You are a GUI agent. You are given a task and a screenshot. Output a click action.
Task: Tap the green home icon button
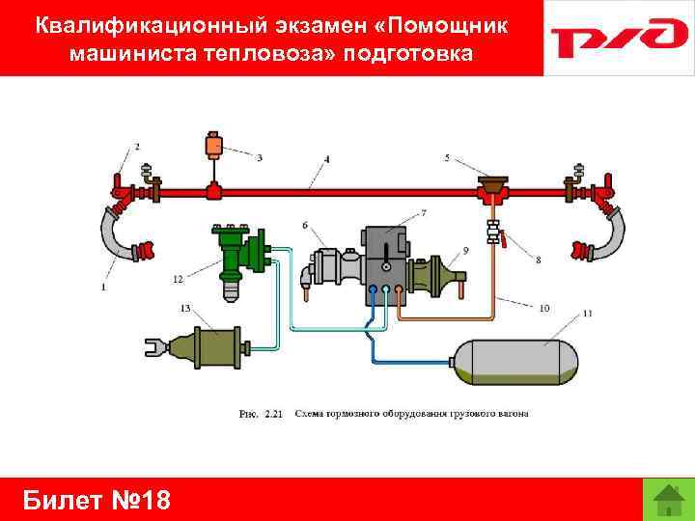[667, 498]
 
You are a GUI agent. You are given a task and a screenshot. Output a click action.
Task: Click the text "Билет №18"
[96, 499]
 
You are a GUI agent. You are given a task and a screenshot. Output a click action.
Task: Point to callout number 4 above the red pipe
[327, 158]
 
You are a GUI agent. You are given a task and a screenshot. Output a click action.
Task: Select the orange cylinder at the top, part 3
[214, 146]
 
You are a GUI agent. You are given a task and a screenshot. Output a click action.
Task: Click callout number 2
[137, 147]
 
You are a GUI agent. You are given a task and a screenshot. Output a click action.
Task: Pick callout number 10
[544, 308]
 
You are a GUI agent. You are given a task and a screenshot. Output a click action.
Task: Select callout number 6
[305, 225]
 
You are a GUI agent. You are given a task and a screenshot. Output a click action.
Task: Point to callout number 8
[538, 259]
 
